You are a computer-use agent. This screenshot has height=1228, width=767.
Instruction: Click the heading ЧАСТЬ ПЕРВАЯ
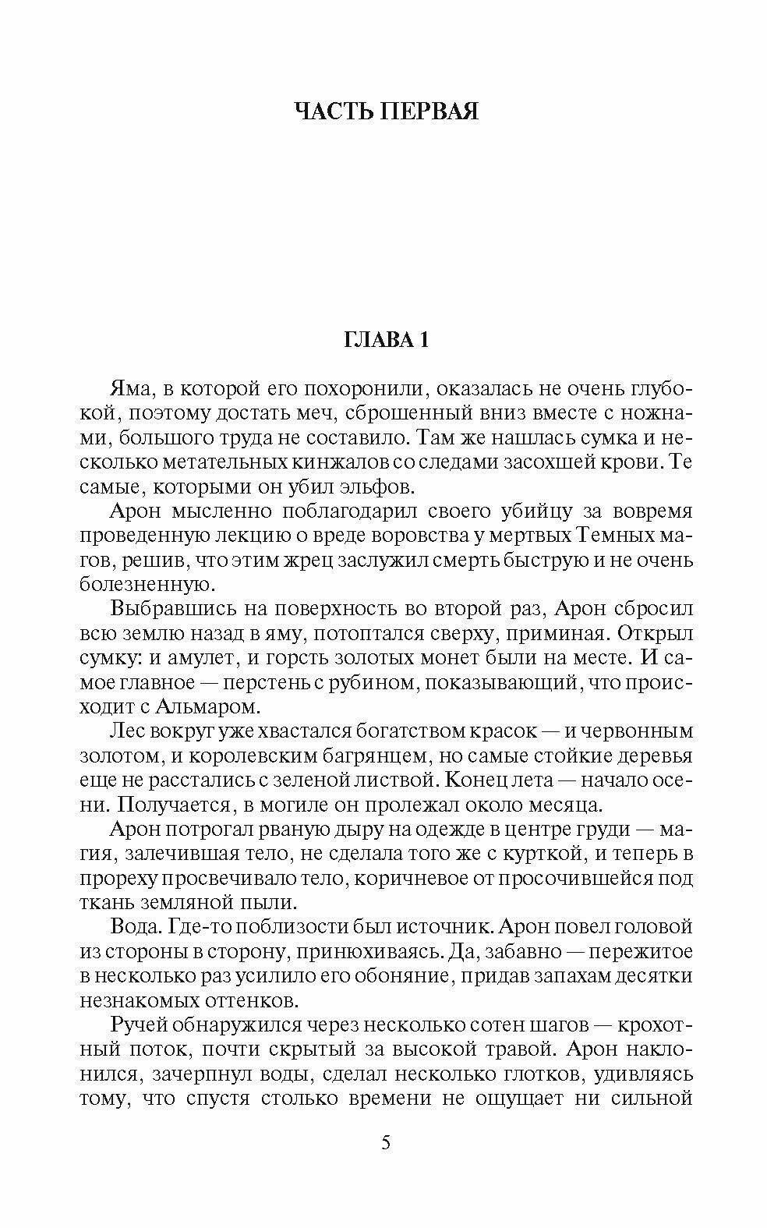387,111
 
